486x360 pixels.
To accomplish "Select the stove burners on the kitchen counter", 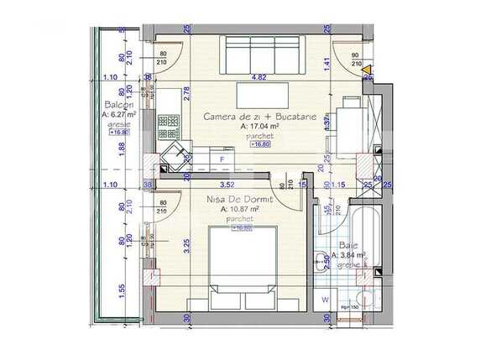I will tap(168, 126).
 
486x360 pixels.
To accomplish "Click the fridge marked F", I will tap(222, 158).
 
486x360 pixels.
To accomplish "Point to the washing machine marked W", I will tap(326, 299).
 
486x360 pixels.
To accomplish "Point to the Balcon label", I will tap(117, 106).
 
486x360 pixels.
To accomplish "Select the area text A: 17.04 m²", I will tap(260, 128).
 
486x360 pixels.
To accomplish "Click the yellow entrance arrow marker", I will tap(368, 70).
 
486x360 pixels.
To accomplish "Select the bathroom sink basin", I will tap(322, 261).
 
